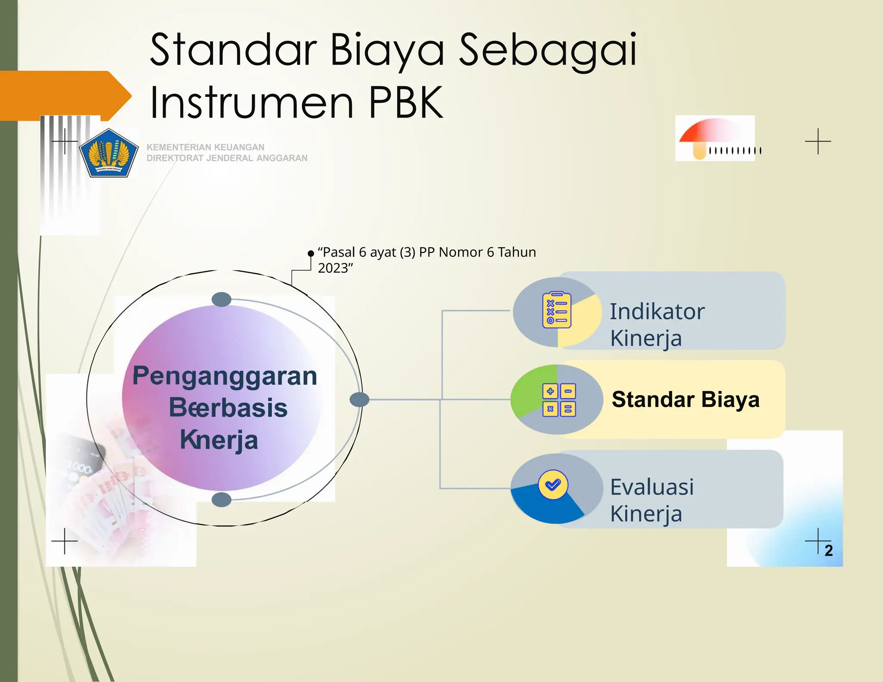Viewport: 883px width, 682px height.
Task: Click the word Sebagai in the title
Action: [548, 50]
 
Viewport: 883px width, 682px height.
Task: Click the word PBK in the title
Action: [406, 103]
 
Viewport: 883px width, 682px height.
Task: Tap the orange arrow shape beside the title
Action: [65, 95]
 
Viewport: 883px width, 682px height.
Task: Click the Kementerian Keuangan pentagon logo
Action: [109, 153]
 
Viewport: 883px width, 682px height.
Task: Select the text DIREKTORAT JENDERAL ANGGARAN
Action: [227, 158]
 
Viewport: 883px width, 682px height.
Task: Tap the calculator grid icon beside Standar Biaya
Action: [559, 400]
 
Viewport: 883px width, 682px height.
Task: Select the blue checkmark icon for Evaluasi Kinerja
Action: [553, 485]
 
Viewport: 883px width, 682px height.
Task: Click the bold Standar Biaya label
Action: [685, 400]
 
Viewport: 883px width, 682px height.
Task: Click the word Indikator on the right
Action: [657, 312]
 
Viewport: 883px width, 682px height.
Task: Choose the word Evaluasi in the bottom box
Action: [652, 487]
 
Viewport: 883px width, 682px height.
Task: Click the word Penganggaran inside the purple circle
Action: [225, 376]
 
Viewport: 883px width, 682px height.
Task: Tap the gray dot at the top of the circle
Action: [222, 299]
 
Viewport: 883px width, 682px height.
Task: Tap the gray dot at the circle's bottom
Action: [222, 500]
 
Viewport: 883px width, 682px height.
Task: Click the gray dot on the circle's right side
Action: [359, 400]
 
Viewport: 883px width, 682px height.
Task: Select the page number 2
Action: [828, 551]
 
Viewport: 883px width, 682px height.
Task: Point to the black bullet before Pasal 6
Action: [310, 253]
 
